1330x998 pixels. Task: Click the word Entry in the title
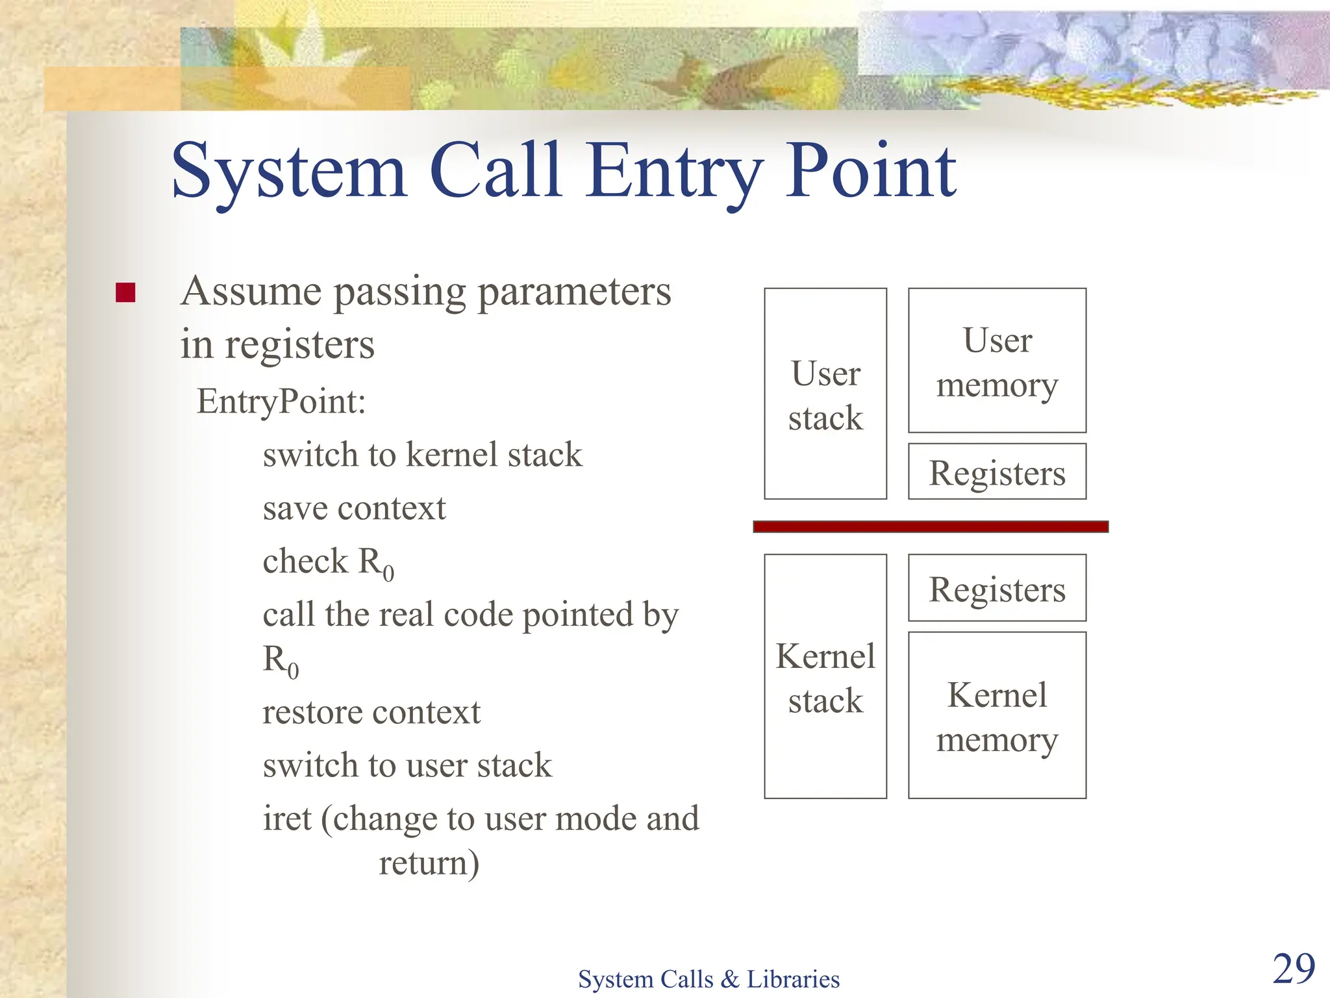[x=675, y=172]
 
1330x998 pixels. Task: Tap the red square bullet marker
[x=125, y=293]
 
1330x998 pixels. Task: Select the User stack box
[x=825, y=394]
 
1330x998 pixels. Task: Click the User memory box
[x=996, y=361]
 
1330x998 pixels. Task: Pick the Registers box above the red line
[x=996, y=472]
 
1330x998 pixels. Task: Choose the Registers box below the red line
[x=996, y=588]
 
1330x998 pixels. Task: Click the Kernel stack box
[x=825, y=676]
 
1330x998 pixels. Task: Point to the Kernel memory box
[x=996, y=715]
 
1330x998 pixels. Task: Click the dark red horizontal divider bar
[x=930, y=526]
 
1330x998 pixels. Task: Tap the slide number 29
[x=1293, y=969]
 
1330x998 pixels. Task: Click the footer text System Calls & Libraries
[x=709, y=979]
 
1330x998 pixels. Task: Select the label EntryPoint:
[x=281, y=401]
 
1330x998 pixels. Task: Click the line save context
[x=354, y=507]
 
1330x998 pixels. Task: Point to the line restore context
[x=371, y=712]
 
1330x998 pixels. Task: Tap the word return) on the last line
[x=429, y=863]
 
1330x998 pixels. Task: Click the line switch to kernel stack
[x=422, y=454]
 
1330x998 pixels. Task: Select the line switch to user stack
[x=407, y=765]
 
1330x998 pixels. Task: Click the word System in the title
[x=289, y=172]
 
